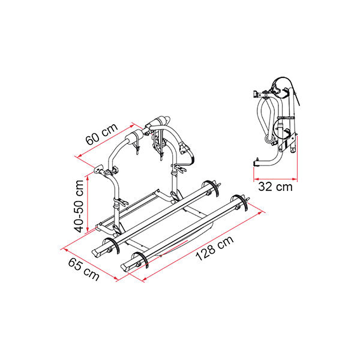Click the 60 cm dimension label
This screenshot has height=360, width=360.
pyautogui.click(x=101, y=134)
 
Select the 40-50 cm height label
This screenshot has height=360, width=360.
pyautogui.click(x=79, y=206)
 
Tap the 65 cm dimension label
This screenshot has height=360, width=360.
pyautogui.click(x=84, y=269)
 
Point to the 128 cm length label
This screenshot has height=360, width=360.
pyautogui.click(x=215, y=248)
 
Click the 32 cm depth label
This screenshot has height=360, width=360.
pyautogui.click(x=275, y=187)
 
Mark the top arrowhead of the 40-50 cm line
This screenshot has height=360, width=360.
pyautogui.click(x=88, y=178)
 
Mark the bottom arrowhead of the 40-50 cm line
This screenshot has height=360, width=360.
pyautogui.click(x=88, y=230)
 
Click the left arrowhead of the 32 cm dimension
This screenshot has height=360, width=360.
pyautogui.click(x=256, y=179)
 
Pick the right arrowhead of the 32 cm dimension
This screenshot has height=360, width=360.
pyautogui.click(x=295, y=179)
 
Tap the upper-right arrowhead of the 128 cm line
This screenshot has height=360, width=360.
pyautogui.click(x=260, y=212)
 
